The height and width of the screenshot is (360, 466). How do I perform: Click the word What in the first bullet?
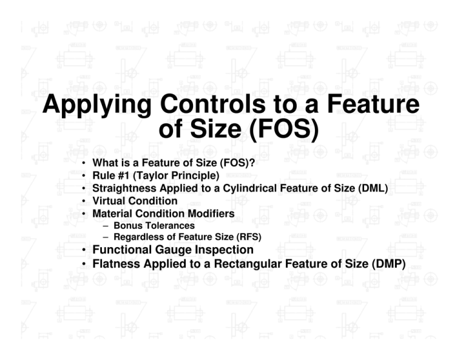pyautogui.click(x=104, y=163)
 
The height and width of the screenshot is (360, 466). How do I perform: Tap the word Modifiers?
pyautogui.click(x=204, y=214)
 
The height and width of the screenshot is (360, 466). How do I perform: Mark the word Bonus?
pyautogui.click(x=126, y=225)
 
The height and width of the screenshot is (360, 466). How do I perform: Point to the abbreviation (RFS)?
pyautogui.click(x=249, y=236)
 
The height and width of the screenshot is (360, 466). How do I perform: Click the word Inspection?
pyautogui.click(x=222, y=250)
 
